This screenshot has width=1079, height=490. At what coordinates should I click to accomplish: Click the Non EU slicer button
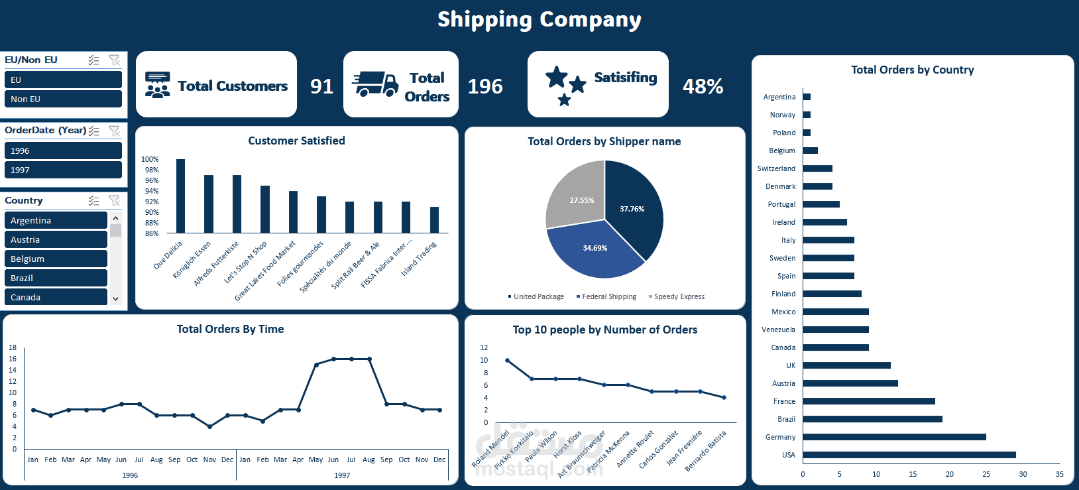(x=63, y=99)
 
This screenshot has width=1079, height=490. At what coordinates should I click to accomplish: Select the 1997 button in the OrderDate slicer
(x=63, y=170)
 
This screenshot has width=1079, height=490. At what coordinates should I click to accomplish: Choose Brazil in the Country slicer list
(x=56, y=278)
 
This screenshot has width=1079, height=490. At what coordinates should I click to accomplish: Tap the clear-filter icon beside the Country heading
(x=114, y=200)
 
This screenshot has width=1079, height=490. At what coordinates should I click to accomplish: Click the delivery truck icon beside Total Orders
(x=375, y=84)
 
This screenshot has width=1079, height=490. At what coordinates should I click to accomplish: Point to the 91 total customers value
(x=321, y=86)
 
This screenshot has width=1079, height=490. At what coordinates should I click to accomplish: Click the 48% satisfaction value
(x=703, y=86)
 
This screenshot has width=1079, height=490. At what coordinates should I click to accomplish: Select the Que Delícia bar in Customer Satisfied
(x=180, y=196)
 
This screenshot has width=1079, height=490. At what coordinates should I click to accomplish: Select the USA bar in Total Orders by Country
(x=909, y=455)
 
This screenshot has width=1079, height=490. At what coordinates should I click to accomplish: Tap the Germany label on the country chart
(x=780, y=437)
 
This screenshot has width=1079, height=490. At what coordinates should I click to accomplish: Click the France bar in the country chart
(x=868, y=401)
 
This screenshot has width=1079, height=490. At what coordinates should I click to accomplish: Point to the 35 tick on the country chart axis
(x=1059, y=474)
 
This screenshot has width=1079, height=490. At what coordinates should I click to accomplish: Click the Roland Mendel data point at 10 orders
(x=508, y=360)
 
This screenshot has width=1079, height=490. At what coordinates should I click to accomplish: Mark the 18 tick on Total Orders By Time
(x=13, y=347)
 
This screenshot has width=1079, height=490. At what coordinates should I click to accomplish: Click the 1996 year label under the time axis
(x=130, y=475)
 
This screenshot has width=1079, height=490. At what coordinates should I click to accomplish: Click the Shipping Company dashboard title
(x=539, y=20)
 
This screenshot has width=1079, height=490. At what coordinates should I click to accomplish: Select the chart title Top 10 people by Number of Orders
(x=604, y=330)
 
